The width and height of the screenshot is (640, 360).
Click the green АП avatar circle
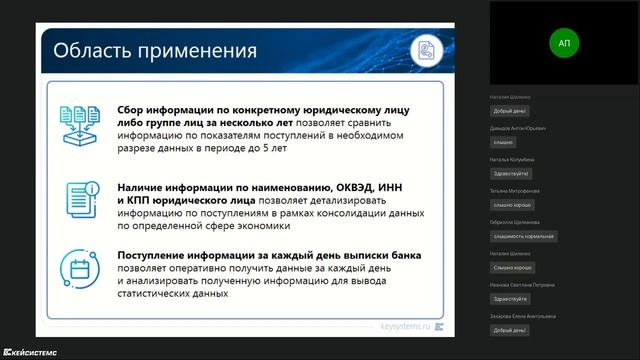pyautogui.click(x=565, y=43)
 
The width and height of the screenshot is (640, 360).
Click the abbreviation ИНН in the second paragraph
pyautogui.click(x=373, y=185)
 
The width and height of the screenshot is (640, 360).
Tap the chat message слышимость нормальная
pyautogui.click(x=523, y=236)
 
